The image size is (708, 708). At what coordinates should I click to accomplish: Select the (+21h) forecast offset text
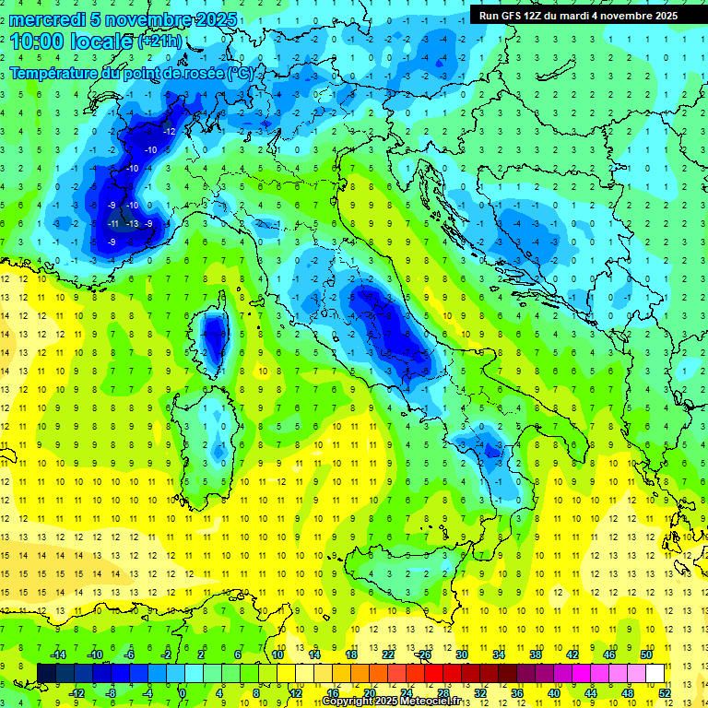(x=160, y=41)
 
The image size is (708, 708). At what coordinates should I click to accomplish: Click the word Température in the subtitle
(x=65, y=74)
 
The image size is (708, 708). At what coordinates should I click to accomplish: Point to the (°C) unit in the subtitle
(x=240, y=73)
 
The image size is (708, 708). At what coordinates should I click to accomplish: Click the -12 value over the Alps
(x=169, y=132)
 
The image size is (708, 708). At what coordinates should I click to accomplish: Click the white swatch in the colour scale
(x=655, y=673)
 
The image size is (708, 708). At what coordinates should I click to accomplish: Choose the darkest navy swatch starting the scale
(x=46, y=673)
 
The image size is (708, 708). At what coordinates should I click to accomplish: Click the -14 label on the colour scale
(x=57, y=655)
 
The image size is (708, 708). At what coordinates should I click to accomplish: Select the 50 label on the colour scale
(x=646, y=655)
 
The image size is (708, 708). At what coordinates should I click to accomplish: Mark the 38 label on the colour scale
(x=536, y=655)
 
